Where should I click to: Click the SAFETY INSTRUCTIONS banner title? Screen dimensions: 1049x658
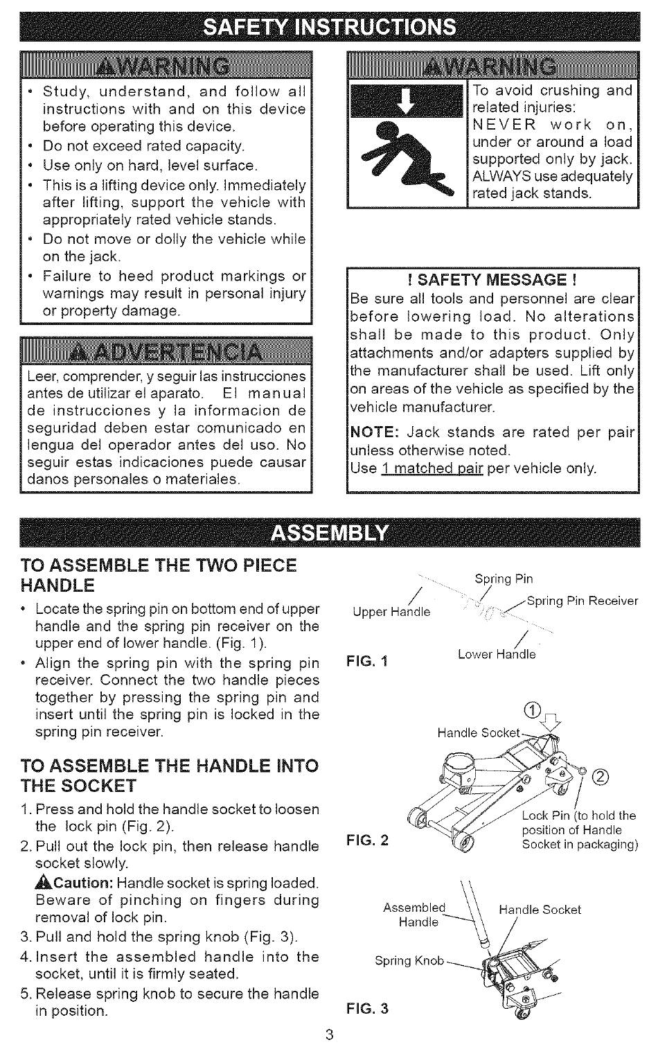pyautogui.click(x=329, y=26)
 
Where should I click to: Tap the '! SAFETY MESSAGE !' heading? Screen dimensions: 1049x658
pyautogui.click(x=492, y=280)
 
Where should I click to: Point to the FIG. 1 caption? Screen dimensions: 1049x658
pyautogui.click(x=367, y=661)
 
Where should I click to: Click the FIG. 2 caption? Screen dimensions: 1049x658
pyautogui.click(x=367, y=840)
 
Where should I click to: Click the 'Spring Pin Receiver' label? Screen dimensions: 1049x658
pyautogui.click(x=583, y=601)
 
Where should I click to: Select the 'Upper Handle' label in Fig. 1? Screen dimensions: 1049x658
pyautogui.click(x=391, y=612)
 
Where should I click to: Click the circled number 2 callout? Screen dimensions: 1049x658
pyautogui.click(x=601, y=776)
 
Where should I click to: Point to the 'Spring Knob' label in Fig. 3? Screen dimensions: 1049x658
pyautogui.click(x=409, y=960)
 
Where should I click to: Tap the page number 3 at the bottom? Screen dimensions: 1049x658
pyautogui.click(x=330, y=1035)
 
